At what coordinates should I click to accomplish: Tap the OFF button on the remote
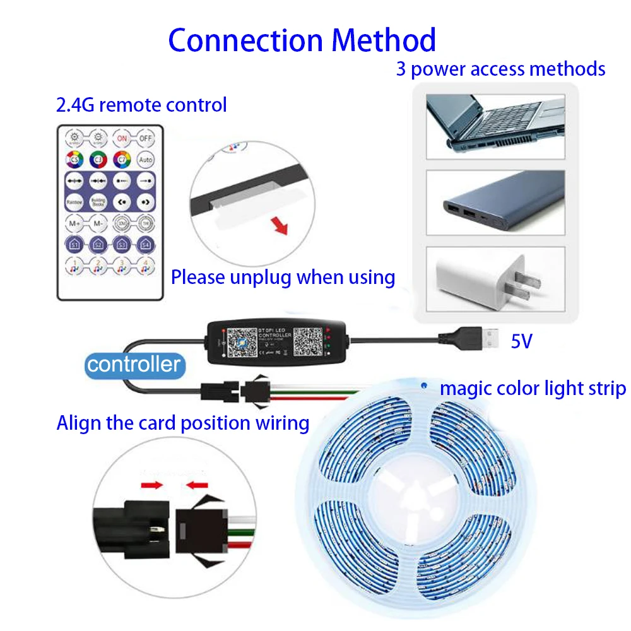coord(146,138)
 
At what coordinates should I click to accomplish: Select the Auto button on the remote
coord(146,160)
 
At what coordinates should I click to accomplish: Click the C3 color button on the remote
coord(98,160)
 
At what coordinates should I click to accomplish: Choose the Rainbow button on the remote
coord(74,201)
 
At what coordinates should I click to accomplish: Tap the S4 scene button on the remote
coord(146,244)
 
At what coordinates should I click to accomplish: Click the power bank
coord(495,202)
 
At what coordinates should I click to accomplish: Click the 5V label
coord(522,341)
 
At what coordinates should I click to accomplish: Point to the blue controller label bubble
coord(134,364)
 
